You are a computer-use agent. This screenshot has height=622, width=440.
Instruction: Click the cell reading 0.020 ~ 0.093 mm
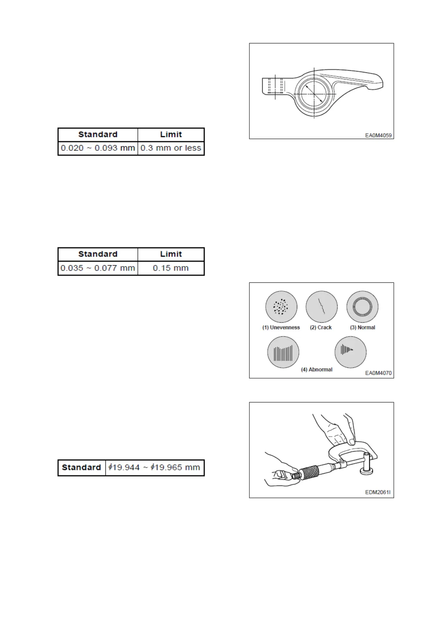98,148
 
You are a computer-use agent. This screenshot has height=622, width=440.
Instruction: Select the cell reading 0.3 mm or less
171,148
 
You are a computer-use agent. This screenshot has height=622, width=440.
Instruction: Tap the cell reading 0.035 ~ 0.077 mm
98,268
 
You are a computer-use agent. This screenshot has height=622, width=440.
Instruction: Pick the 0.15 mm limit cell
171,268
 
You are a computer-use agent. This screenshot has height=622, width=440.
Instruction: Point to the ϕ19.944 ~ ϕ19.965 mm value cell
154,468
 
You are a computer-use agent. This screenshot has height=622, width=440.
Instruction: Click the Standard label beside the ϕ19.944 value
82,468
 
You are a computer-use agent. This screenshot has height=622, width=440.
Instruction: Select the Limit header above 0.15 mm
171,254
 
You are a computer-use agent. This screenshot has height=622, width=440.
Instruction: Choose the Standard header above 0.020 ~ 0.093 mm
98,134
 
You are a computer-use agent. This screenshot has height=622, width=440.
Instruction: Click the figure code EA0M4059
378,136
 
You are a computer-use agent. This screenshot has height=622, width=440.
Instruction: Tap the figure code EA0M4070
378,373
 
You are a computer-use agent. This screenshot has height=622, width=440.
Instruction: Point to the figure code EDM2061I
378,492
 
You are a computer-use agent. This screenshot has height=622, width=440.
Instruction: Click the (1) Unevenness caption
281,328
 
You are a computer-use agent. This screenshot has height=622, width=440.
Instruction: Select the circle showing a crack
321,307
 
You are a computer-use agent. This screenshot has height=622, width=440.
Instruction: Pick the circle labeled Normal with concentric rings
362,307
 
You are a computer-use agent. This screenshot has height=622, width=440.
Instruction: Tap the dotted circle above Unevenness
281,307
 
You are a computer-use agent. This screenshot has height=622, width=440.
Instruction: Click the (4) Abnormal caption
317,370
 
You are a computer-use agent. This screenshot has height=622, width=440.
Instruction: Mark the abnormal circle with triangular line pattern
350,352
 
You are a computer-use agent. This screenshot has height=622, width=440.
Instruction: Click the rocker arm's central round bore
314,92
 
